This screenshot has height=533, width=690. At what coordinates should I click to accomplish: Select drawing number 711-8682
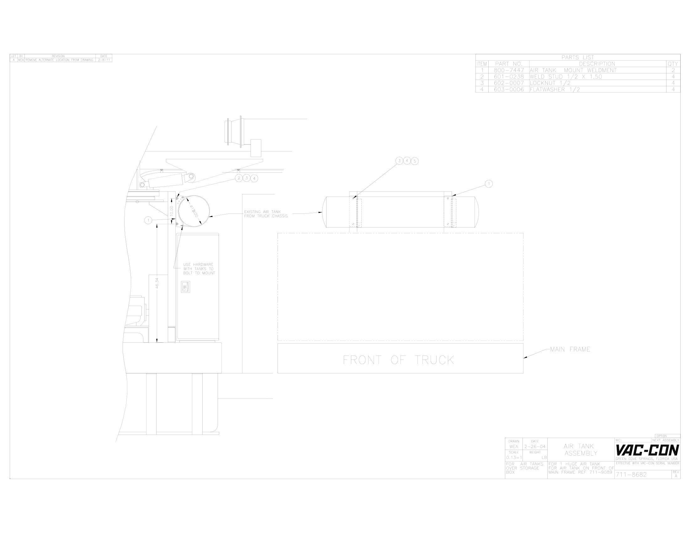[x=631, y=475]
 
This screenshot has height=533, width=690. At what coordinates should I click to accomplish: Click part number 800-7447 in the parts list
[x=509, y=71]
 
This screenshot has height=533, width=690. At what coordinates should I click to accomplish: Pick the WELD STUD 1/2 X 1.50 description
[x=565, y=77]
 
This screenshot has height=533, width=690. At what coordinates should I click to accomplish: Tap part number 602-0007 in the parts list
[x=509, y=83]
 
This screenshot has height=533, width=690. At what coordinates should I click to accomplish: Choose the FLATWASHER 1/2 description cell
[x=555, y=90]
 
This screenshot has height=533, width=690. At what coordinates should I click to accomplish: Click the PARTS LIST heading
[x=577, y=57]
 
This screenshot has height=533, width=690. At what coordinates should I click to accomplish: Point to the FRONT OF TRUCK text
[x=398, y=360]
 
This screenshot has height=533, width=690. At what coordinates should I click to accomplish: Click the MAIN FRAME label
[x=570, y=350]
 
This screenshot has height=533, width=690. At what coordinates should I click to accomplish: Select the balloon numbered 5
[x=415, y=161]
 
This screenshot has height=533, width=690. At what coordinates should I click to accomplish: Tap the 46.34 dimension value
[x=157, y=283]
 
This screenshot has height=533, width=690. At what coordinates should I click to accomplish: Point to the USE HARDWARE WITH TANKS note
[x=199, y=269]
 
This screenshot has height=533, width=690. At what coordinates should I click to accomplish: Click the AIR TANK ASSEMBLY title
[x=581, y=450]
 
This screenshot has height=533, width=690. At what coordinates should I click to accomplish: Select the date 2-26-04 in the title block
[x=534, y=447]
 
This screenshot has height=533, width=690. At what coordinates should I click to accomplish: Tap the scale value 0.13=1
[x=514, y=457]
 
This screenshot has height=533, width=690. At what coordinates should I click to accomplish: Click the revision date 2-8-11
[x=103, y=60]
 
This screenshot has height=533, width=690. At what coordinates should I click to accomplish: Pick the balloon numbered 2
[x=239, y=178]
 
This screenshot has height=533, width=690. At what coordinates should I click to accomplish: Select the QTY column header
[x=673, y=64]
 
